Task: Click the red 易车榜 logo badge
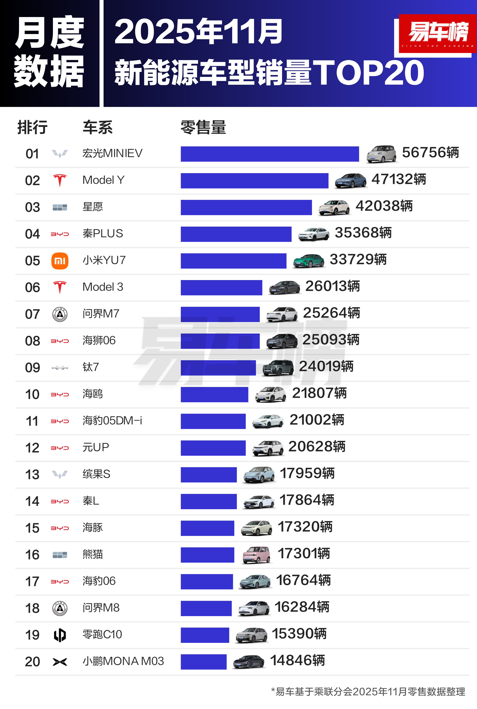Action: (438, 33)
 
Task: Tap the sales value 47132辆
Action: (399, 179)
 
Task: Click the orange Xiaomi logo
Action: (60, 261)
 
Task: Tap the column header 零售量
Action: (203, 127)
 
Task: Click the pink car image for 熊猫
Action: (256, 555)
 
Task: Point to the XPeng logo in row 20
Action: (60, 662)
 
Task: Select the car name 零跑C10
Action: (102, 634)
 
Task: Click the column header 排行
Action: (33, 127)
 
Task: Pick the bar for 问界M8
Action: (206, 608)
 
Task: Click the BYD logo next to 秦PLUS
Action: (60, 234)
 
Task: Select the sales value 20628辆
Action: (317, 447)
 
